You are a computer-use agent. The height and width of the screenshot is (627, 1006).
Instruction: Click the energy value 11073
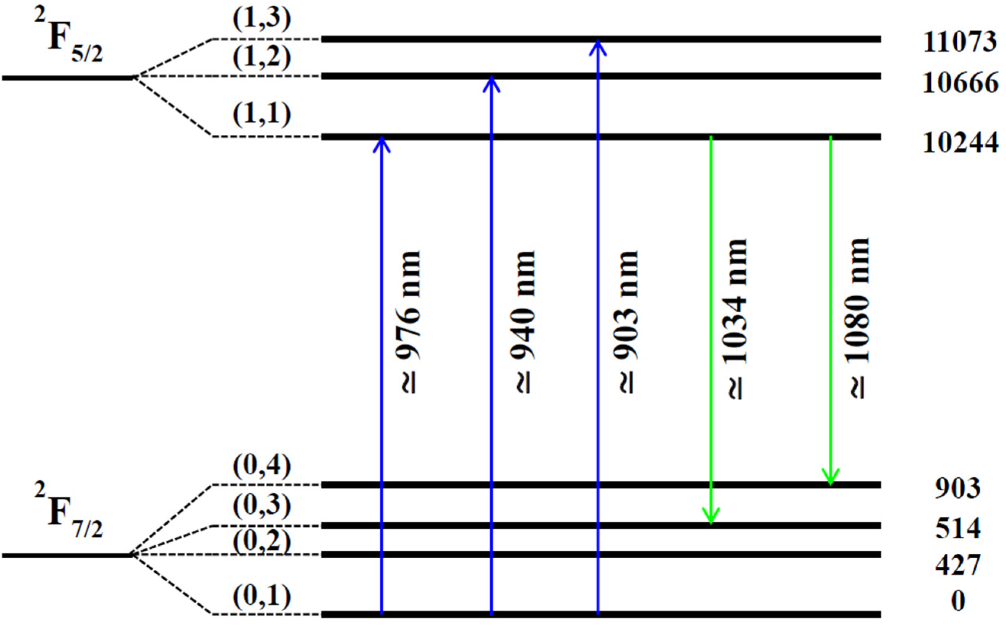[x=959, y=42]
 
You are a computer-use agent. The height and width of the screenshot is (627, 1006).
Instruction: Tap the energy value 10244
[x=960, y=144]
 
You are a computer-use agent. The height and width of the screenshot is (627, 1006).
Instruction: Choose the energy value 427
[x=958, y=564]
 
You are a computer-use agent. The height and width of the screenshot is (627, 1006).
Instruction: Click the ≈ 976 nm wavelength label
[x=409, y=322]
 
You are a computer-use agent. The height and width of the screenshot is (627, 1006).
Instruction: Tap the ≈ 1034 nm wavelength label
[x=737, y=319]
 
